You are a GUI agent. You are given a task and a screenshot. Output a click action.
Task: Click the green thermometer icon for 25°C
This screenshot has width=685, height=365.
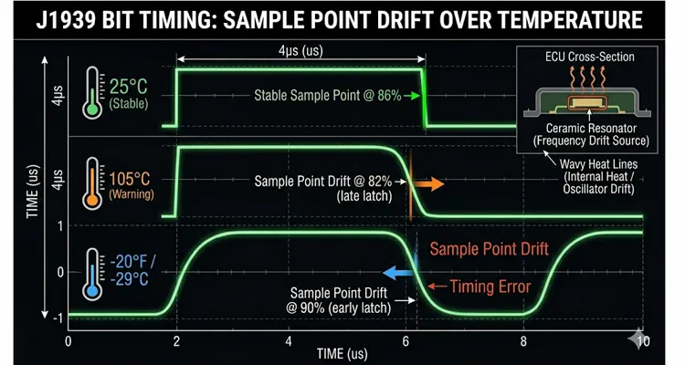[x=92, y=96]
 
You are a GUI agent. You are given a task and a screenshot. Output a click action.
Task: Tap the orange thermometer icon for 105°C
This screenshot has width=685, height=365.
[x=92, y=182]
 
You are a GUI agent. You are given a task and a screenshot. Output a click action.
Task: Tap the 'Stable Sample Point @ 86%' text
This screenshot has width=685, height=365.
[x=330, y=96]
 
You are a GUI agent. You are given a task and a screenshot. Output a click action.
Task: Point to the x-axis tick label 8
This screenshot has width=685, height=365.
[x=523, y=341]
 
